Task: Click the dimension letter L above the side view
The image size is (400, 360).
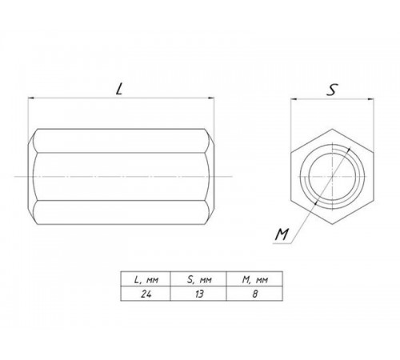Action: (119, 89)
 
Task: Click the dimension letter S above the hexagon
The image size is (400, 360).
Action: (332, 90)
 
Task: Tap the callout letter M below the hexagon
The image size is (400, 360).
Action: (282, 234)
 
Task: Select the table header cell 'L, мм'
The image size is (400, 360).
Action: (146, 279)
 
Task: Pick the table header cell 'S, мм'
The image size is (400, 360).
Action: (198, 279)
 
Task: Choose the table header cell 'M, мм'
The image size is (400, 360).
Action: (254, 279)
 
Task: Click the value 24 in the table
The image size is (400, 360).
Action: (146, 294)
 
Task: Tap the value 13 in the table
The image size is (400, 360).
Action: (199, 294)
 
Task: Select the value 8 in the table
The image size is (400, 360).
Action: (255, 294)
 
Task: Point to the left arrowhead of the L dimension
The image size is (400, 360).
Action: (31, 98)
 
